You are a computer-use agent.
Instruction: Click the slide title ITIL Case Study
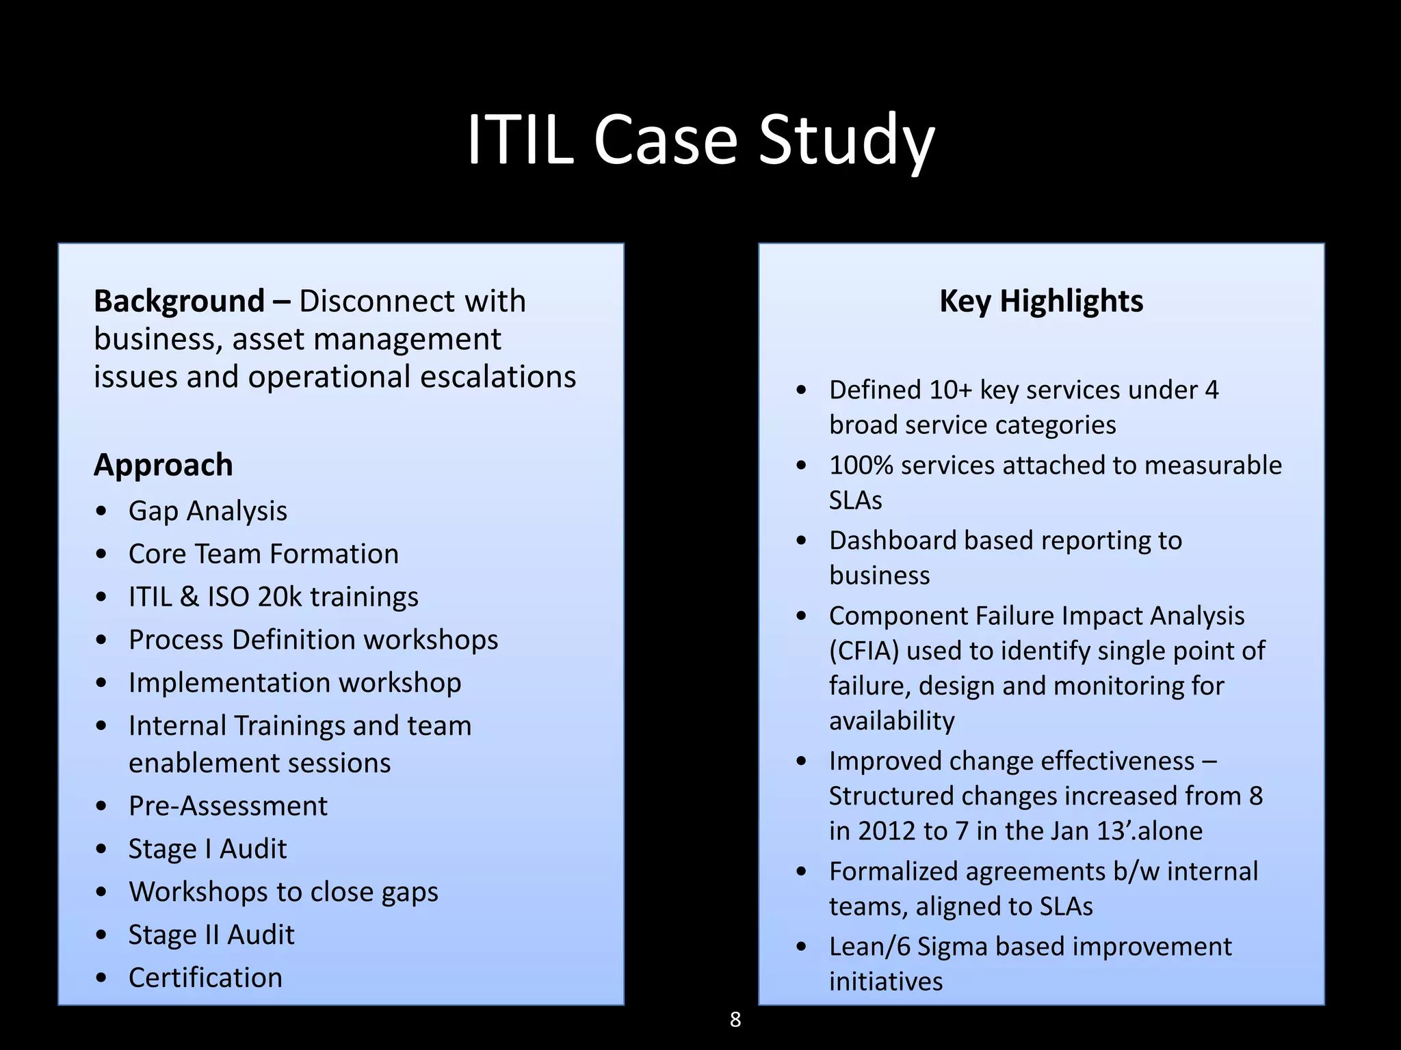click(x=700, y=140)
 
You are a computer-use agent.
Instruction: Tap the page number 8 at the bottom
click(x=735, y=1019)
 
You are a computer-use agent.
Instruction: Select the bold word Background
click(x=179, y=301)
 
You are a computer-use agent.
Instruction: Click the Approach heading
click(x=163, y=465)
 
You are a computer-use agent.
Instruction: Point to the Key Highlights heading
click(x=1041, y=301)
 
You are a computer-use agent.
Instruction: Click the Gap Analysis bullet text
click(x=208, y=511)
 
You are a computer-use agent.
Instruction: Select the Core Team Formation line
click(x=263, y=554)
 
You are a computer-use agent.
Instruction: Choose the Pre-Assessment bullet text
click(x=228, y=806)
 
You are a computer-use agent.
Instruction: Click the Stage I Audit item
click(x=207, y=849)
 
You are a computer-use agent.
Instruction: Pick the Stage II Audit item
click(x=211, y=934)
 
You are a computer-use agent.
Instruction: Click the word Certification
click(x=205, y=978)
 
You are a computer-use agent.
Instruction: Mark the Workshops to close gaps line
click(x=283, y=892)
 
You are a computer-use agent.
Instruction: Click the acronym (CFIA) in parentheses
click(x=864, y=651)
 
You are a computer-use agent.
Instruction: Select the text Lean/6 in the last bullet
click(x=869, y=947)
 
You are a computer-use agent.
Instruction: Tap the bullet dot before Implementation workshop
click(x=102, y=683)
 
